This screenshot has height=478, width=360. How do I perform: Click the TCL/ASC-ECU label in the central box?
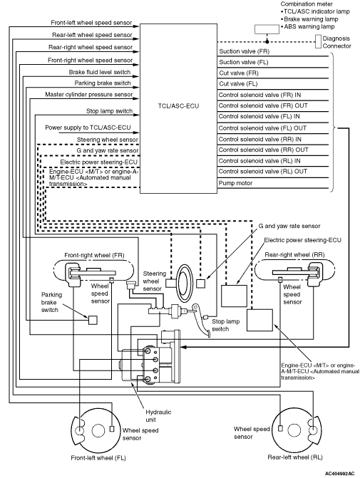178,106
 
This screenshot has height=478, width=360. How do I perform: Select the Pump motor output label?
235,183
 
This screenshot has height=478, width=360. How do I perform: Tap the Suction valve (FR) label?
245,51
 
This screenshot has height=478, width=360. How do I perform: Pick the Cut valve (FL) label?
238,83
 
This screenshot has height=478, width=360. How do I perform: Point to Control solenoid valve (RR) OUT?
264,150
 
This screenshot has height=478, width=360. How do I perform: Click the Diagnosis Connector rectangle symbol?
318,41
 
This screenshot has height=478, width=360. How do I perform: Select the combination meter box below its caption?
267,29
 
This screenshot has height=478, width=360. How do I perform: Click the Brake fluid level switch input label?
100,72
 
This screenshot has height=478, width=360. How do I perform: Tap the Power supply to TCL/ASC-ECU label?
88,128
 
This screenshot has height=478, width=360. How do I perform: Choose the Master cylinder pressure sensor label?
89,95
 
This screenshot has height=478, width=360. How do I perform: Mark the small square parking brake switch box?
93,320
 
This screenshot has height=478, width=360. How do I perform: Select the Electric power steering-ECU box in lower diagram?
234,296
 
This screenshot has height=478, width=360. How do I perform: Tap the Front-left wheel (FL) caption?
98,458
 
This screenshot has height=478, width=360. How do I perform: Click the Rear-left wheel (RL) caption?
295,457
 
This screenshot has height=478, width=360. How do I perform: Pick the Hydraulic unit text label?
158,416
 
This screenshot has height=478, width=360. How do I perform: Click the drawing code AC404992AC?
339,474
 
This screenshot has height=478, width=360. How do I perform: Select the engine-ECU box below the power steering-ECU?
259,320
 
